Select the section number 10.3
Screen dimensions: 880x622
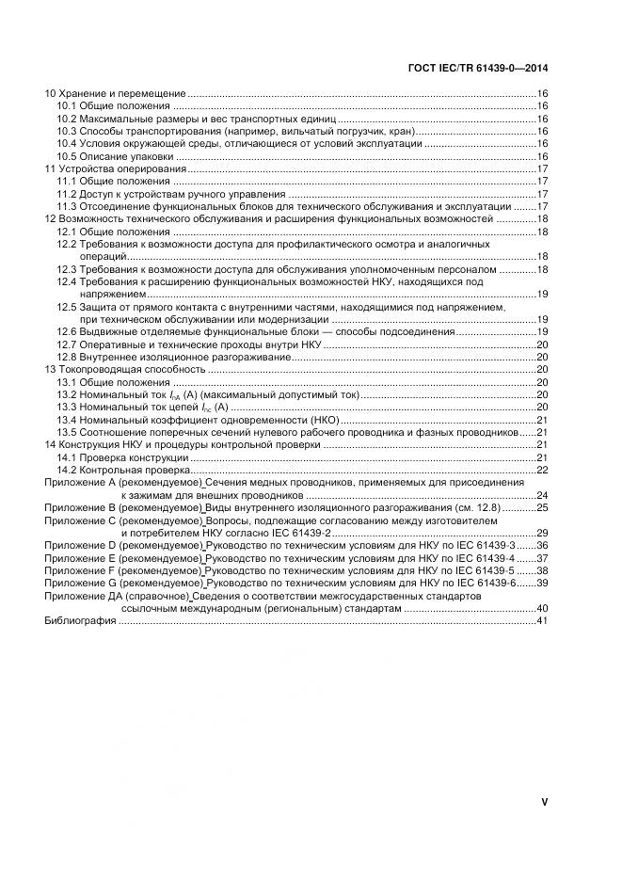pos(66,131)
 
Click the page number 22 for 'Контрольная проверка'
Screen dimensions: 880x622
pos(542,469)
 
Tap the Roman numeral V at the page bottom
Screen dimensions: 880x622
pos(544,801)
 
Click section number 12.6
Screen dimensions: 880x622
pos(66,332)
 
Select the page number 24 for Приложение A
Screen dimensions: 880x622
pos(542,494)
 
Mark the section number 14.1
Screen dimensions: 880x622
pos(66,456)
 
